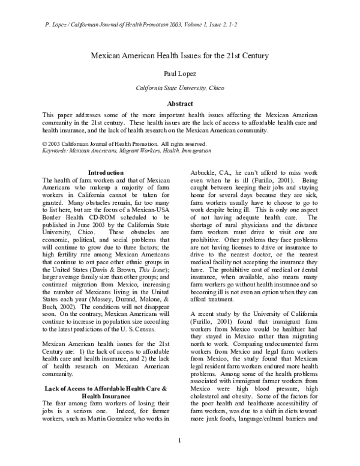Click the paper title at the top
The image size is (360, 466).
180,55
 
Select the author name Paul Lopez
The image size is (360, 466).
180,73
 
